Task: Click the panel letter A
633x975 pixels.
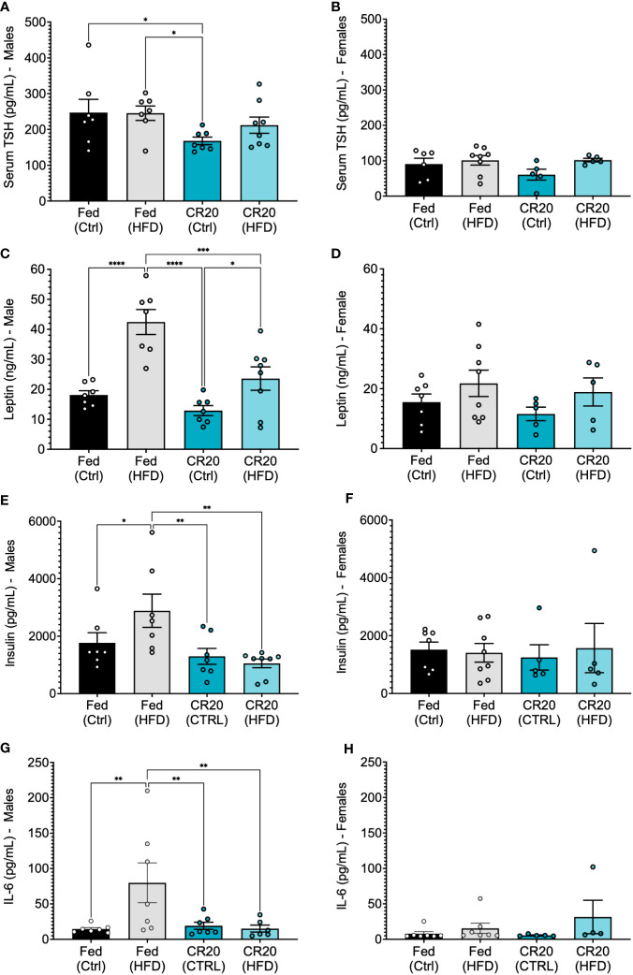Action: tap(8, 8)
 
